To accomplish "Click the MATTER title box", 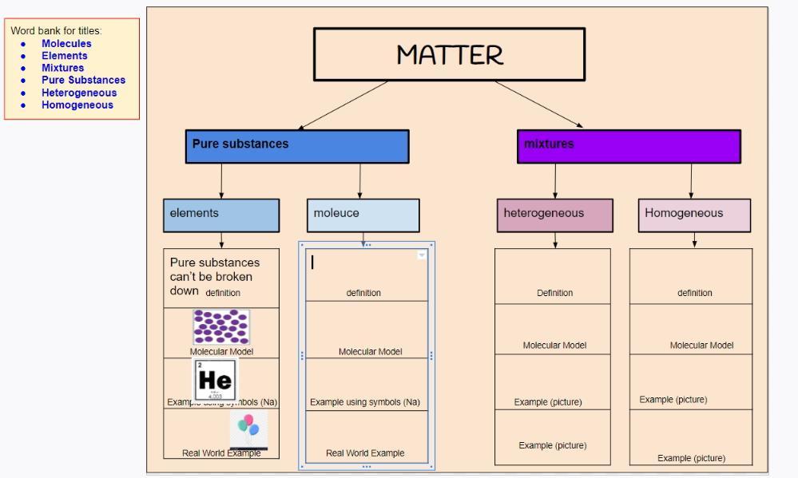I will pos(449,54).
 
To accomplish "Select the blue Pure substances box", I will pos(297,147).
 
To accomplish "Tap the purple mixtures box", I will pos(629,146).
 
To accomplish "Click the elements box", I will pos(221,215).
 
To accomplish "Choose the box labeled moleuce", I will pos(363,215).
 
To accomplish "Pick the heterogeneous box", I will pos(555,215).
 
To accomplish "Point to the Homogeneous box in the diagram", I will pos(694,215).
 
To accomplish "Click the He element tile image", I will pos(214,379).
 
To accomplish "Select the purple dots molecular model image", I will pos(221,327).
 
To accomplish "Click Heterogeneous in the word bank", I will pos(79,93).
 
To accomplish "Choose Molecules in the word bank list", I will pos(66,44).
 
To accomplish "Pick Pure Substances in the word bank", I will pos(83,80).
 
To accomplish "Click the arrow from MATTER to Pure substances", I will pos(343,105).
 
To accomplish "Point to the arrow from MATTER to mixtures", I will pos(539,105).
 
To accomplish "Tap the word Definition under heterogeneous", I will pos(554,293).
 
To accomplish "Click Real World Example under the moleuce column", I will pos(365,453).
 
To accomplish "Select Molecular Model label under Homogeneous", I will pos(701,346).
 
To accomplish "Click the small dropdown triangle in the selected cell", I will pos(422,255).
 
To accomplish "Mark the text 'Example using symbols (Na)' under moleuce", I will pos(365,402).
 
